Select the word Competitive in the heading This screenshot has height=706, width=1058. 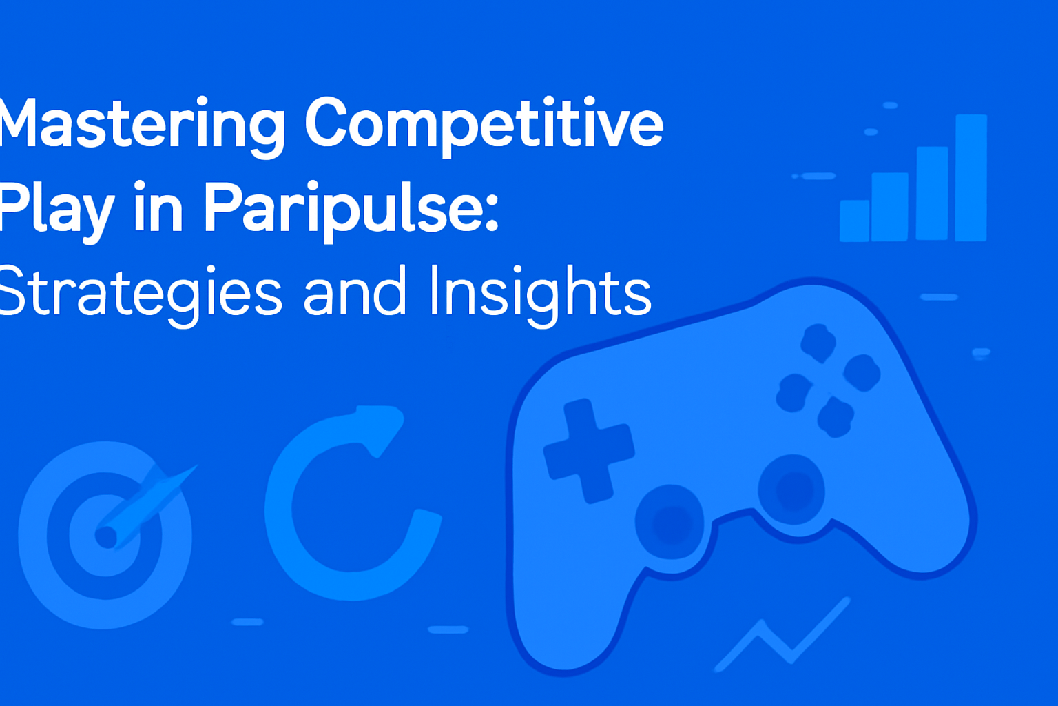[484, 124]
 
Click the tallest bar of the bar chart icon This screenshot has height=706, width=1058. [971, 177]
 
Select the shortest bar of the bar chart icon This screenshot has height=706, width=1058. [854, 221]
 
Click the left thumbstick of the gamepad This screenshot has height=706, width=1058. [670, 521]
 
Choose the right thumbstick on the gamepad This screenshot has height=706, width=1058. [791, 489]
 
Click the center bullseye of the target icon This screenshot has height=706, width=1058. [105, 536]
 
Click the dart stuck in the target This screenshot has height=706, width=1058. [148, 500]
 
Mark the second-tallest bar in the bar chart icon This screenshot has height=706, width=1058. [932, 192]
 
